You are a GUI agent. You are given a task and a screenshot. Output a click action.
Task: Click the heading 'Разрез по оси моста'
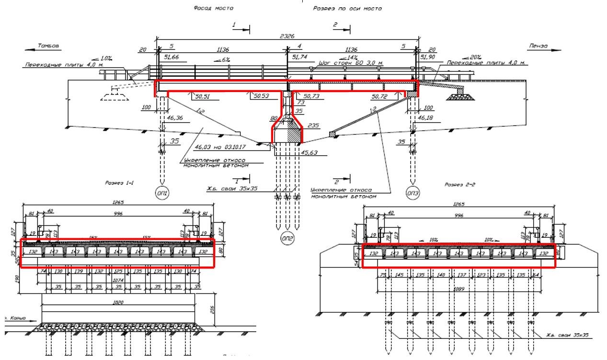tap(347, 8)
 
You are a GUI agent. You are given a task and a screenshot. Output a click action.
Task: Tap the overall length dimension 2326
tap(287, 36)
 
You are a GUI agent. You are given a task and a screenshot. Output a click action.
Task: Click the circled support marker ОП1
tap(163, 192)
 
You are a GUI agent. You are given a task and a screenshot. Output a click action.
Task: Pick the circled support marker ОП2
tap(287, 238)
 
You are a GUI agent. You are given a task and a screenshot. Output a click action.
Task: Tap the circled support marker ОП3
tap(412, 192)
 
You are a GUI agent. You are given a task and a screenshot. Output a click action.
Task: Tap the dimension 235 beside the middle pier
tap(313, 125)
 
